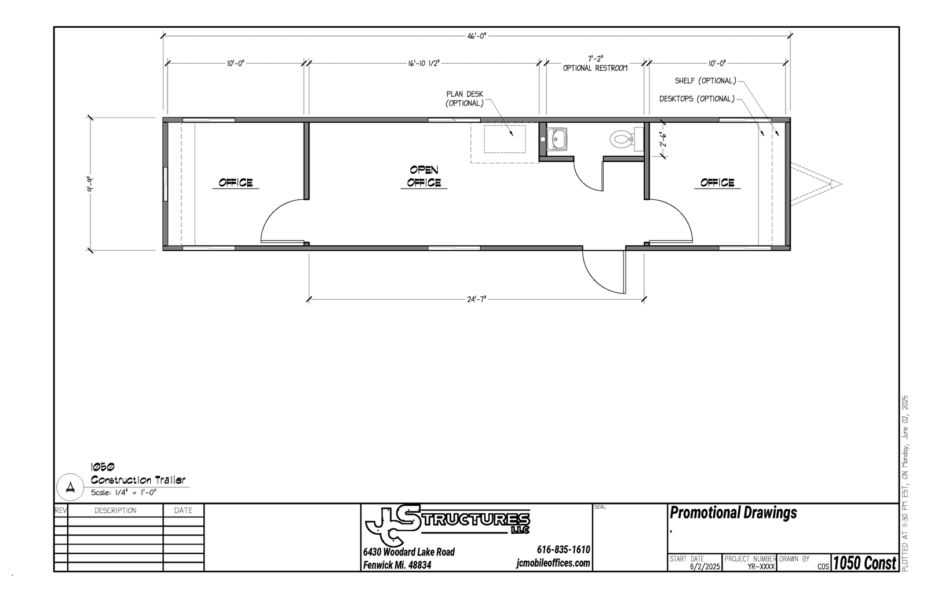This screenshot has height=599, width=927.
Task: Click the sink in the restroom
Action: point(557,139)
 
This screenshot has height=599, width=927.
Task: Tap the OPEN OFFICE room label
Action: point(424,176)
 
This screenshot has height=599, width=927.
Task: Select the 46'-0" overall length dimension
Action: point(476,36)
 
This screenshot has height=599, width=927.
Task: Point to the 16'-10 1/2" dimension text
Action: point(424,63)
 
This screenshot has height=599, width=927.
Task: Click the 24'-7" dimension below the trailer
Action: point(476,299)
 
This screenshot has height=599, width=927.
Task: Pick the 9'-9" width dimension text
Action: point(90,184)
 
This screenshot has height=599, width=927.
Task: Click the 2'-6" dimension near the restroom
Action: point(663,139)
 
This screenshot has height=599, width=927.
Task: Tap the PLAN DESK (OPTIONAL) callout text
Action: point(464,99)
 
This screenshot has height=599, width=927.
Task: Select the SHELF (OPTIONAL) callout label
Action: point(706,80)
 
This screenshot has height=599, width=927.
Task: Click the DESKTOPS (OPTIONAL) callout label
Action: point(697,99)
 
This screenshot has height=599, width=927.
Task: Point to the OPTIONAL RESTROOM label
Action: point(595,68)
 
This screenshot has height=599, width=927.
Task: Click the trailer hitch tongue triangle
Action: point(816,184)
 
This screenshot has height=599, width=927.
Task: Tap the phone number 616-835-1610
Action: point(563,549)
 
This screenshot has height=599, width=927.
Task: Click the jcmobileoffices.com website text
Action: point(553,563)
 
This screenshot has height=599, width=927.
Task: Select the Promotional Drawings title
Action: point(733,513)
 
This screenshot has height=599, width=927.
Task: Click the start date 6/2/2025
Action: point(705,567)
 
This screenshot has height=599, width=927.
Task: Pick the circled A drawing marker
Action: point(70,487)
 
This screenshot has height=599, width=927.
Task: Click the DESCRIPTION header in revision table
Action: point(115,510)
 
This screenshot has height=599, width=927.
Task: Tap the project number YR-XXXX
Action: point(761,567)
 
